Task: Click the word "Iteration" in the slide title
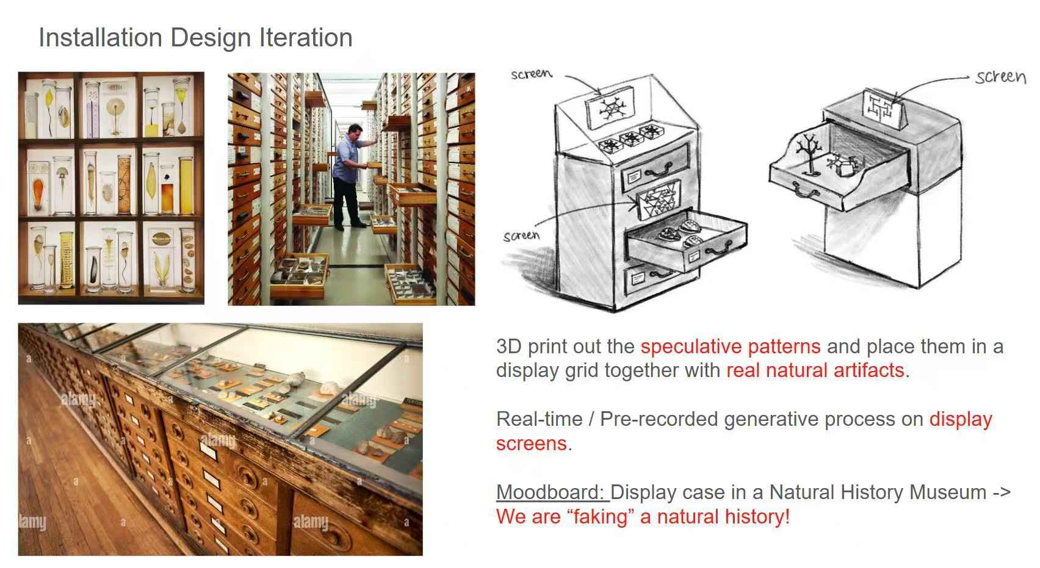pos(306,38)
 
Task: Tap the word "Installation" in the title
pos(100,38)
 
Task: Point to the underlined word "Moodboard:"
pos(552,492)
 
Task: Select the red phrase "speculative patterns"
pos(731,347)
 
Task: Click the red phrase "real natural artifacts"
pos(815,370)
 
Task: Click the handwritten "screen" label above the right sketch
pos(1000,77)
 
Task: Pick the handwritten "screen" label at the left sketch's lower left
pos(521,236)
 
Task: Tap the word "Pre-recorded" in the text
pos(659,419)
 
